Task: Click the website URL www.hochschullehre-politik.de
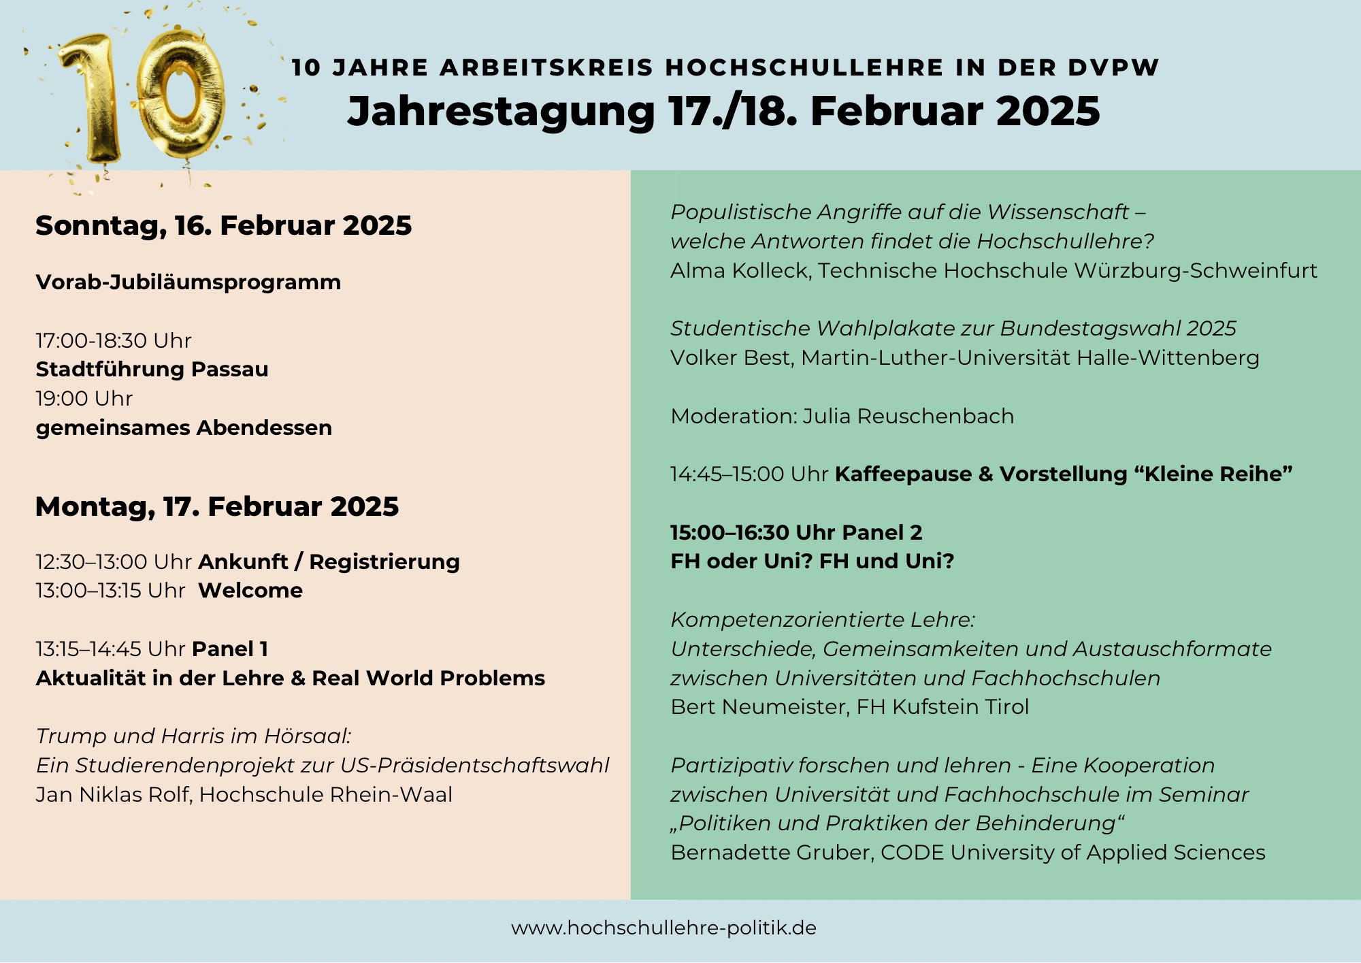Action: tap(663, 928)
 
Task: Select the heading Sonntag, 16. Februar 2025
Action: tap(223, 225)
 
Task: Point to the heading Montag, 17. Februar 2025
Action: tap(216, 507)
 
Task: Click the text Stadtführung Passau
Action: tap(152, 370)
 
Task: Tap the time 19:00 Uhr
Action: tap(84, 399)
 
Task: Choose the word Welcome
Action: tap(250, 591)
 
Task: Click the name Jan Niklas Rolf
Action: tap(112, 795)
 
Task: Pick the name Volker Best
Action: tap(732, 358)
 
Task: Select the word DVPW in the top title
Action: tap(1113, 68)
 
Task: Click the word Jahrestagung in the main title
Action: tap(501, 111)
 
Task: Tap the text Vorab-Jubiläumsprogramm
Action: tap(188, 282)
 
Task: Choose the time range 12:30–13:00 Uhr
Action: tap(114, 562)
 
